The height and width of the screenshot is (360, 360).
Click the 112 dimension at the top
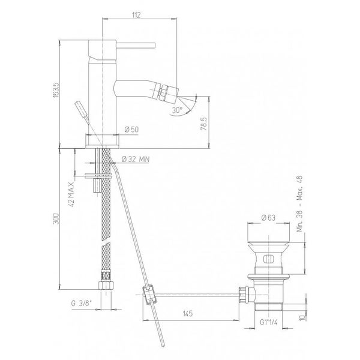pyautogui.click(x=136, y=15)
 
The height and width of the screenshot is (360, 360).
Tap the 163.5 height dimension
pyautogui.click(x=56, y=90)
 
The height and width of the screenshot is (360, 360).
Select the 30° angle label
pyautogui.click(x=178, y=110)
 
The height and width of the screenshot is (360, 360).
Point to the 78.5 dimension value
pyautogui.click(x=204, y=124)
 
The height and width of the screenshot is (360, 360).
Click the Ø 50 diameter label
pyautogui.click(x=131, y=130)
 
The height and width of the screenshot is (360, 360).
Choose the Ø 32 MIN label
pyautogui.click(x=136, y=159)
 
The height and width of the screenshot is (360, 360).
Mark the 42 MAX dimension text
pyautogui.click(x=71, y=194)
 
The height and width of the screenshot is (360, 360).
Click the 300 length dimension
pyautogui.click(x=56, y=219)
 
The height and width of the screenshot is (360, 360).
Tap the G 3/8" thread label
pyautogui.click(x=82, y=303)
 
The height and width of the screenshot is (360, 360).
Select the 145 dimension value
pyautogui.click(x=188, y=313)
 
